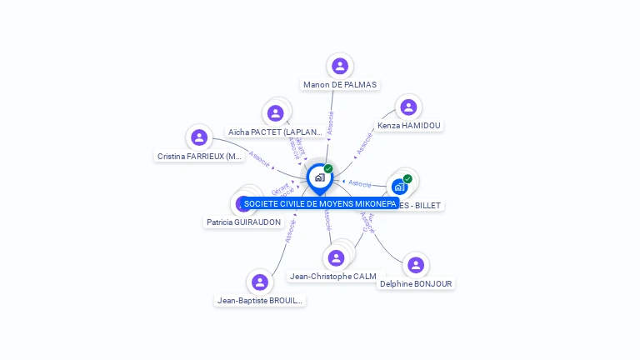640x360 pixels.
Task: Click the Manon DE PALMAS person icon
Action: coord(339,66)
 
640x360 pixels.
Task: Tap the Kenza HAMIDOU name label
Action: coord(408,126)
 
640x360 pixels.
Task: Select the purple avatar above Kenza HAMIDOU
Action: coord(408,107)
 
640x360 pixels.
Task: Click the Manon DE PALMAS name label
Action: coord(339,85)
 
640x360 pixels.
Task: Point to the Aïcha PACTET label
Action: coord(275,132)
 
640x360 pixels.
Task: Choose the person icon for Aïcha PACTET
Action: coord(276,113)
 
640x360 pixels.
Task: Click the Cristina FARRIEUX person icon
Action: coord(198,137)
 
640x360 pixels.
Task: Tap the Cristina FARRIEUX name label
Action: coord(200,156)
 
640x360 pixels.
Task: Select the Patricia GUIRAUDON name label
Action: coord(243,222)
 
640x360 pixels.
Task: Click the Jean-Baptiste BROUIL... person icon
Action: coord(260,282)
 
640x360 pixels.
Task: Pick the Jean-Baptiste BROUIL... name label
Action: coord(260,301)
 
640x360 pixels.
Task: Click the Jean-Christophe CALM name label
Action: coord(332,277)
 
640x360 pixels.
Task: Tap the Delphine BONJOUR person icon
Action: coord(416,265)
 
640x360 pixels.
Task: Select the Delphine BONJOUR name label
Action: coord(416,284)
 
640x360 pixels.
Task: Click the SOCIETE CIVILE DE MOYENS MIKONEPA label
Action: coord(320,203)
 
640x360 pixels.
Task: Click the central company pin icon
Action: coord(319,177)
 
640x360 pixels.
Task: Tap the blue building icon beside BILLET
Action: coord(400,187)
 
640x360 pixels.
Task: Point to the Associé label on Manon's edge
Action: coord(330,122)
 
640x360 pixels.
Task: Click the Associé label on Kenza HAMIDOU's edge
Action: coord(364,143)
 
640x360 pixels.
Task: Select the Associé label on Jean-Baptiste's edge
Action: coord(289,230)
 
